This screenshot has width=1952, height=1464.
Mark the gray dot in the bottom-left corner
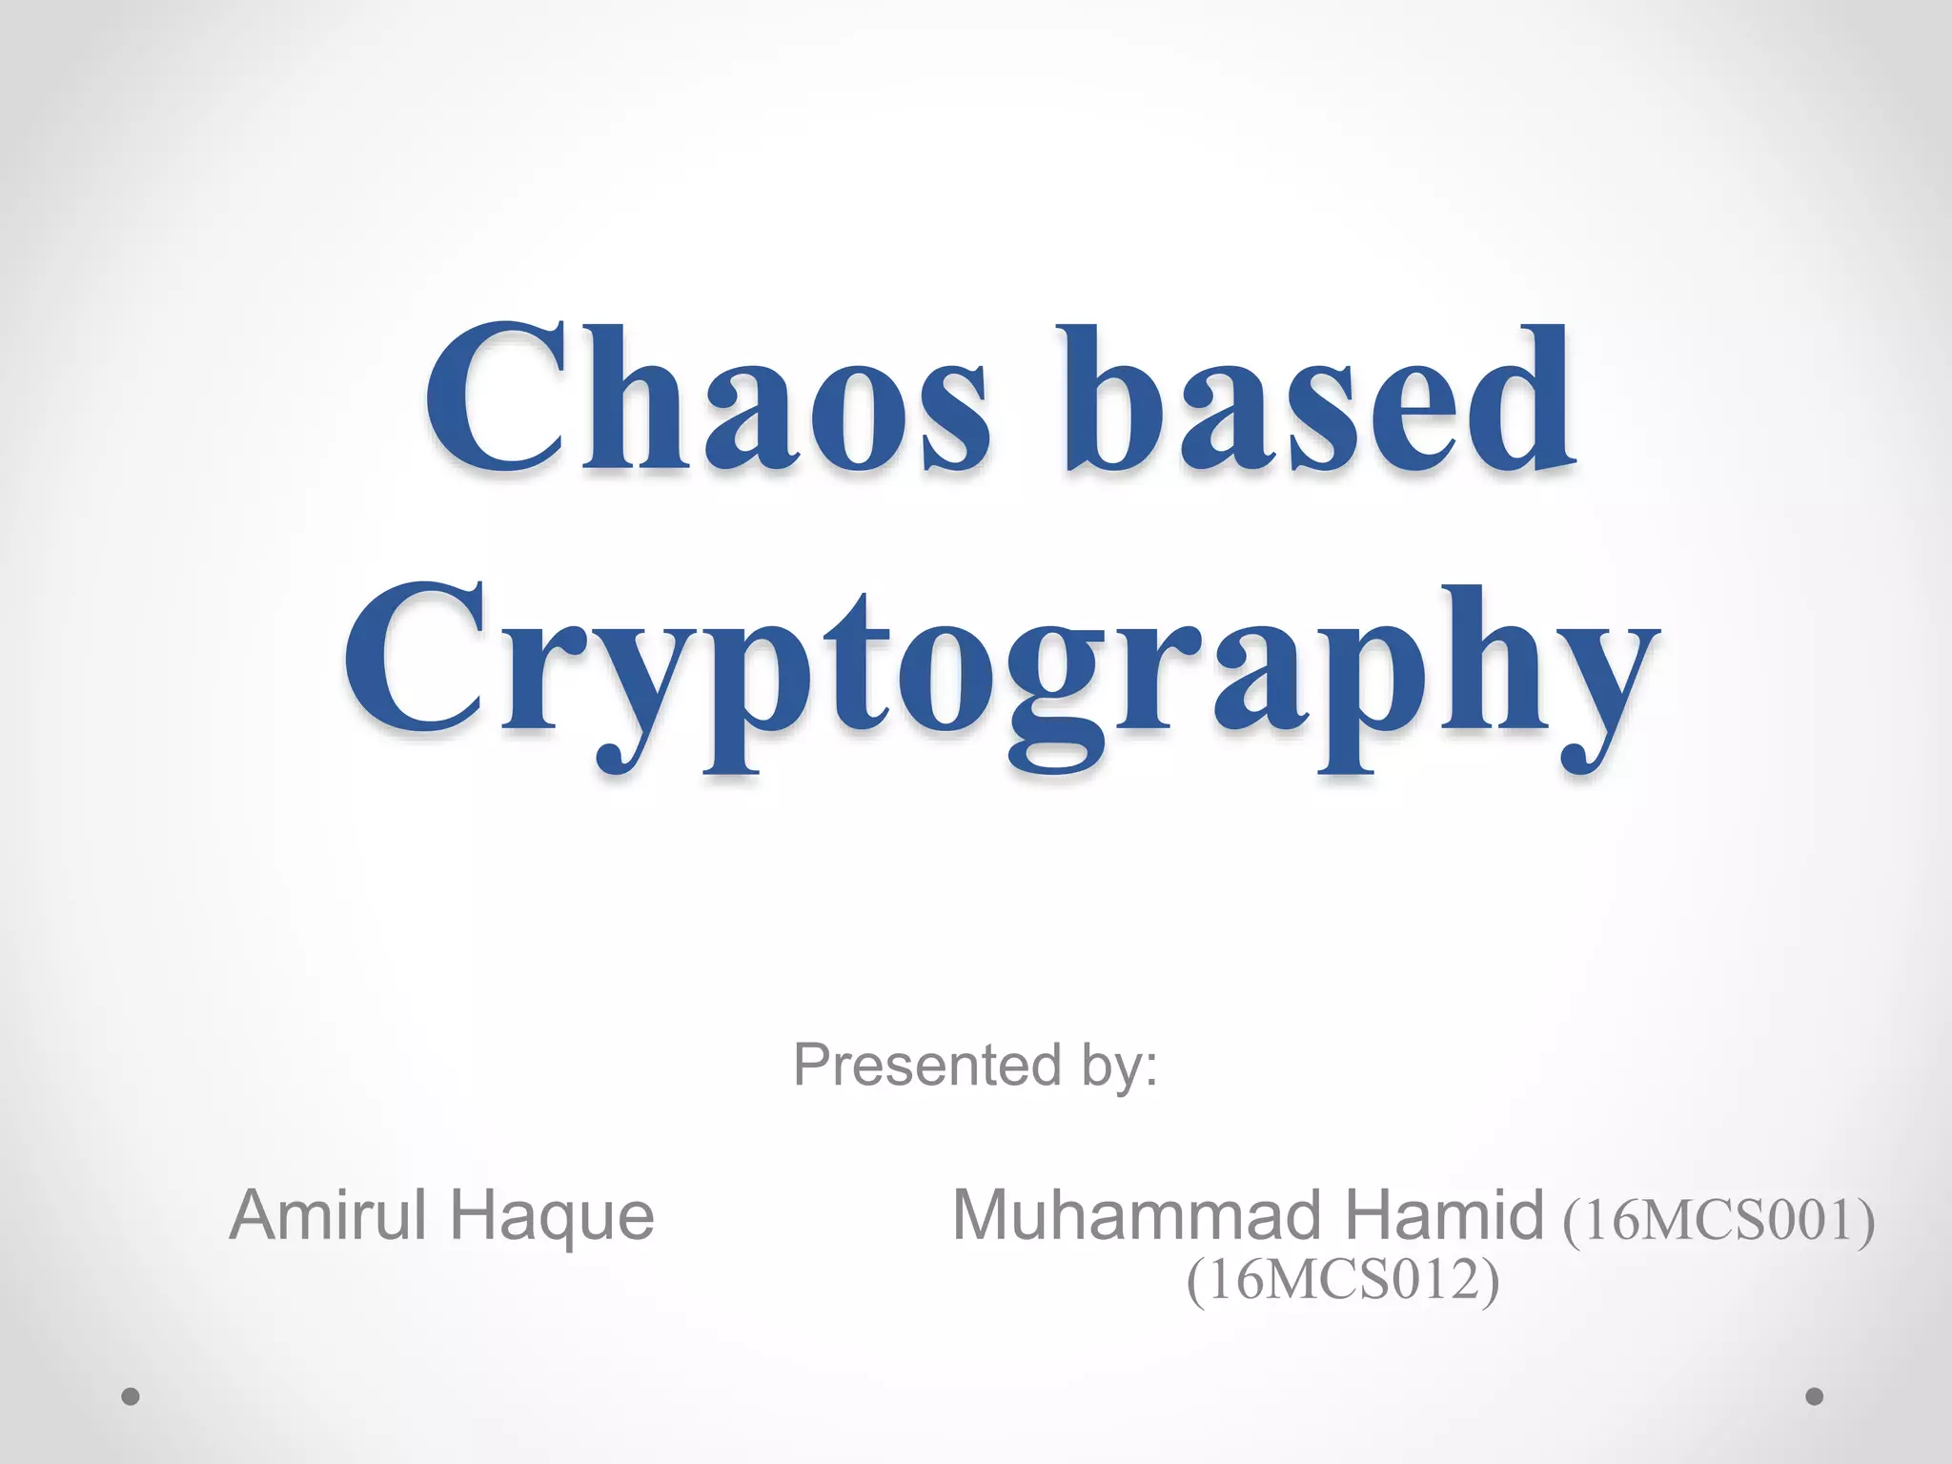(131, 1396)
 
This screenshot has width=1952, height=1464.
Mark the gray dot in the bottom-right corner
(1814, 1396)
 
